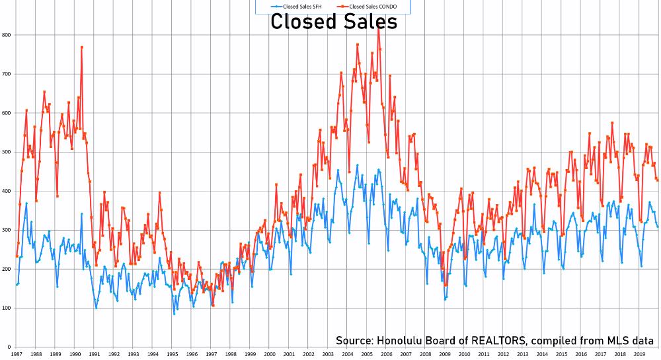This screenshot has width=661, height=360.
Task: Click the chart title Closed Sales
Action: [334, 22]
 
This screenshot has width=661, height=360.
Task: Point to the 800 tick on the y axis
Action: [5, 34]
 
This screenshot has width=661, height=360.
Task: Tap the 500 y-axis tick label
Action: [5, 152]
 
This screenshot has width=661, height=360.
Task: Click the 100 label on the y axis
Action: [5, 308]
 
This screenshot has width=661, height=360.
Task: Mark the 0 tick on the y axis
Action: [7, 347]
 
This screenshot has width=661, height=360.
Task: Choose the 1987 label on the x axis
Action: [17, 355]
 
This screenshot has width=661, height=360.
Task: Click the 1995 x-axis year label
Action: [173, 355]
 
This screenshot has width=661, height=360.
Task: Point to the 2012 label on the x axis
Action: [504, 355]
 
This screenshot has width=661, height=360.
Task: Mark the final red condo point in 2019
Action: [658, 180]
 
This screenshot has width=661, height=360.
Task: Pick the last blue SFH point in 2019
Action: [658, 227]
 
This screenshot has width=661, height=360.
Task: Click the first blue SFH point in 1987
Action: [17, 285]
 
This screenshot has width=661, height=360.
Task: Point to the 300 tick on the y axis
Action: [5, 230]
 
